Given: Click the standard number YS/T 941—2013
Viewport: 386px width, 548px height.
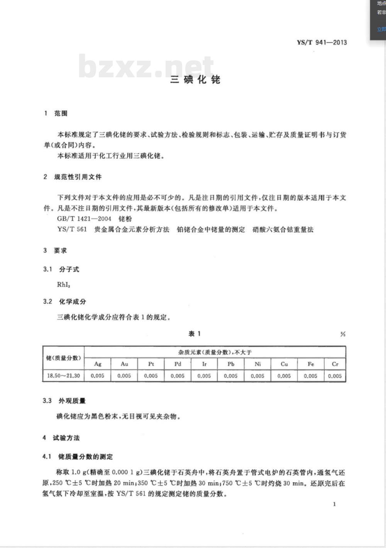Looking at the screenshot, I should [x=322, y=43].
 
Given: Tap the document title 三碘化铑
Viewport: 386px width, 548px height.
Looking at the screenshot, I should [x=195, y=80].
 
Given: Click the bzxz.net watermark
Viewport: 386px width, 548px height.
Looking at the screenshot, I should [x=146, y=66].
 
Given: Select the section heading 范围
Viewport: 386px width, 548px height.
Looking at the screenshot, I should [x=61, y=113].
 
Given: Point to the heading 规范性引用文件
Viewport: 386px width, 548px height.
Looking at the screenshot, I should [x=78, y=177].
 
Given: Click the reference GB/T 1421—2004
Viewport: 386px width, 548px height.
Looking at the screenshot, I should [x=84, y=219].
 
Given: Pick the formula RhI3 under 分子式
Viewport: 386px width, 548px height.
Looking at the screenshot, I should [x=64, y=285].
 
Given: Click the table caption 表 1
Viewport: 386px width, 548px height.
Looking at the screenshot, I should [x=195, y=334].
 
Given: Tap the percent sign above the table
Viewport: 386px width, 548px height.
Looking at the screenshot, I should [x=343, y=334].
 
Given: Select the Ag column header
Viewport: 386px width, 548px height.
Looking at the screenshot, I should [x=98, y=364].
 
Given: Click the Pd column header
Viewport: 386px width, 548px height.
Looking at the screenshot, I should [x=178, y=364].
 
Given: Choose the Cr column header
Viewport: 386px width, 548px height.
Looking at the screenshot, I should [x=335, y=364].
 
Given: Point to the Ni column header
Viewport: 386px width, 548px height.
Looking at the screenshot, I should [x=257, y=364].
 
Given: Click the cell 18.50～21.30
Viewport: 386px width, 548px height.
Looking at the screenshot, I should [x=63, y=376].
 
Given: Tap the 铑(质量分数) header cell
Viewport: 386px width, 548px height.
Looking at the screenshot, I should [x=63, y=358].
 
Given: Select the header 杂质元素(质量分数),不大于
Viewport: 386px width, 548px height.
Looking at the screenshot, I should [x=215, y=352].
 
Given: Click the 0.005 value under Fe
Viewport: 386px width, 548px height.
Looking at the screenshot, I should [x=310, y=376].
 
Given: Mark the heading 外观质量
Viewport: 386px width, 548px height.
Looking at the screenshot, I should [x=72, y=401].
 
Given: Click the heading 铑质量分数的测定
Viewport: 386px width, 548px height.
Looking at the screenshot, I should [x=85, y=456].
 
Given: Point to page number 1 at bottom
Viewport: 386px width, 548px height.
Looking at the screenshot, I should [x=334, y=504].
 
